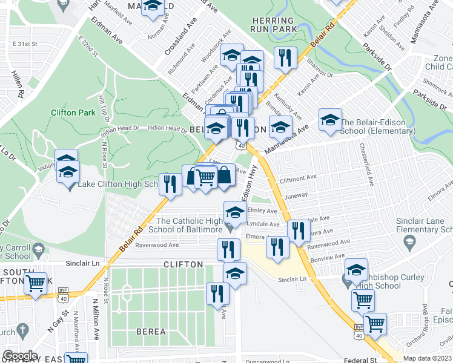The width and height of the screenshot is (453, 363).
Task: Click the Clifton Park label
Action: (73, 113)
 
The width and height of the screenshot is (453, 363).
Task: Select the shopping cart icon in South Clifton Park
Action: (36, 283)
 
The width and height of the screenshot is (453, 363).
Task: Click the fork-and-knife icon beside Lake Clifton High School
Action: (170, 183)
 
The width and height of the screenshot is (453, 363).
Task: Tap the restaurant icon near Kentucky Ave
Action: (285, 58)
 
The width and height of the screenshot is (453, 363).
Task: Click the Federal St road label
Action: (360, 359)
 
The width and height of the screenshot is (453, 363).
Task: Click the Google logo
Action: (20, 355)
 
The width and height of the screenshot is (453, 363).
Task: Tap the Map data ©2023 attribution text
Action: (428, 358)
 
